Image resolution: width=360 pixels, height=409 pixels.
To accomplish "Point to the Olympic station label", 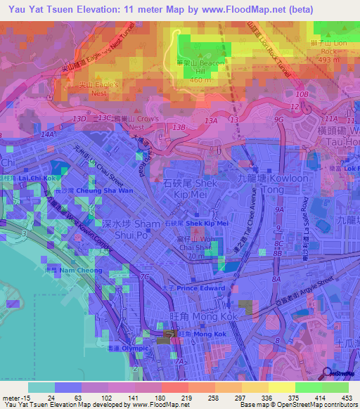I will tap(134, 348).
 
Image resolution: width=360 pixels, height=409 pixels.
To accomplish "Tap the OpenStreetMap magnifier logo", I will tap(326, 373).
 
